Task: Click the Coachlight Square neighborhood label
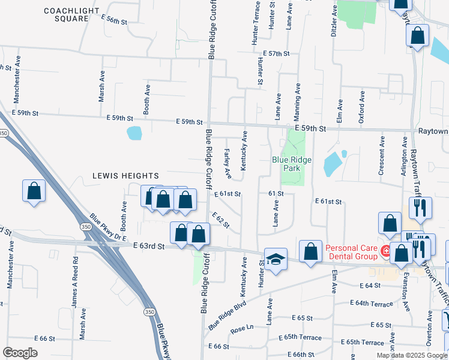[67, 14]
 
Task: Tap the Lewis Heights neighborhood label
[126, 176]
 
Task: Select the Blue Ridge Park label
[294, 164]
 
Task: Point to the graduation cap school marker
[276, 259]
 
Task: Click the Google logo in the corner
[20, 353]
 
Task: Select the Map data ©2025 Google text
[411, 355]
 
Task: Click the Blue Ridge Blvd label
[228, 315]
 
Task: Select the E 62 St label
[221, 220]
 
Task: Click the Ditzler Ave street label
[333, 20]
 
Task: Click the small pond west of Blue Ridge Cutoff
[134, 133]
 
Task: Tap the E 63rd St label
[148, 245]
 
